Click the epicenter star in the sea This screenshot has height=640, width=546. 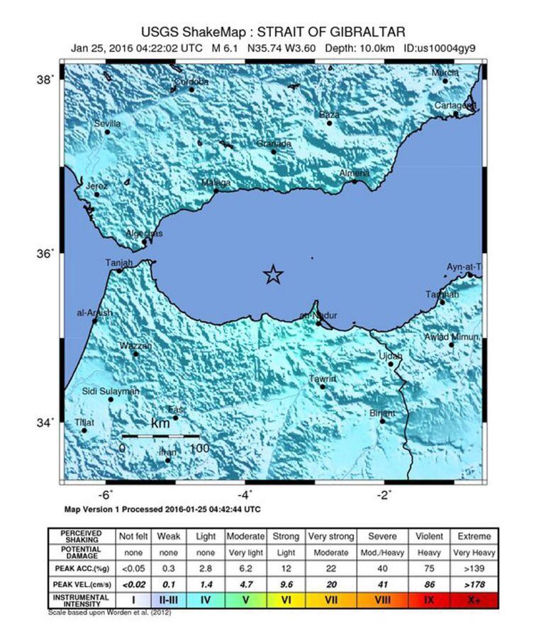click(273, 274)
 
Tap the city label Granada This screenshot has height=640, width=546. click(274, 144)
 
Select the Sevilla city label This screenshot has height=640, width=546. click(108, 123)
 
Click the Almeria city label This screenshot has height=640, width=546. click(355, 173)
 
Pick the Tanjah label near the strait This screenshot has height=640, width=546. click(119, 263)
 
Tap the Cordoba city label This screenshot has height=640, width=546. click(191, 82)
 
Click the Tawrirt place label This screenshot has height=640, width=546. click(323, 379)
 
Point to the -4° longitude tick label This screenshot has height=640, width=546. click(243, 494)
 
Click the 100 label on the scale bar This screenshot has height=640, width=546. click(199, 448)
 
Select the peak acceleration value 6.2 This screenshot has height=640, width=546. click(245, 568)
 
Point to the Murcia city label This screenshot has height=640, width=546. click(445, 73)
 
